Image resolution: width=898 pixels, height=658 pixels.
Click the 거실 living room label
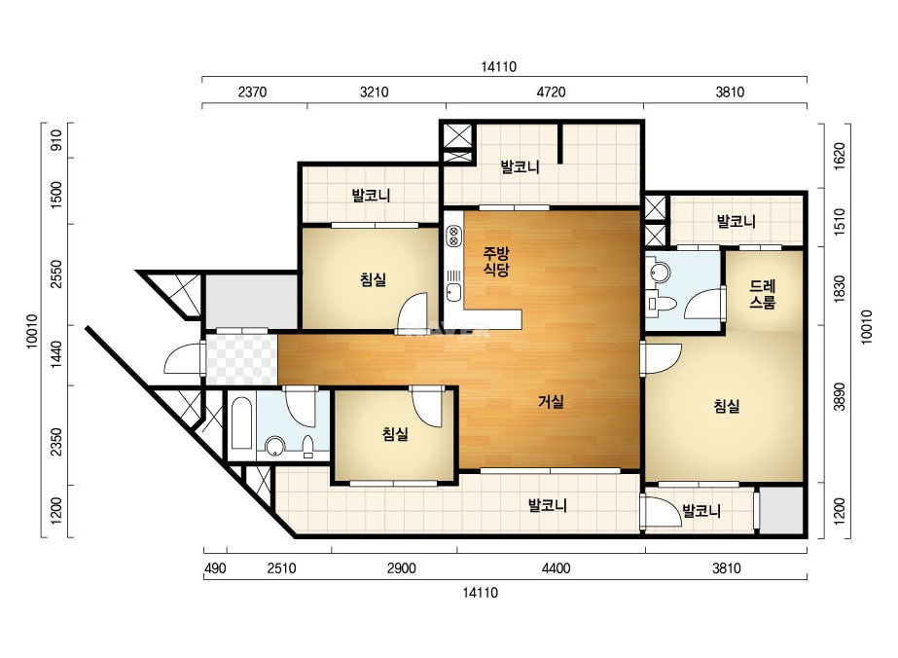click(551, 402)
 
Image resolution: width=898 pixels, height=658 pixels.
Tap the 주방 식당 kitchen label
click(496, 261)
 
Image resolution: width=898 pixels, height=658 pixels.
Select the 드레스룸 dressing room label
click(762, 294)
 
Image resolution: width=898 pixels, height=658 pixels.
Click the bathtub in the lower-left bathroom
click(241, 424)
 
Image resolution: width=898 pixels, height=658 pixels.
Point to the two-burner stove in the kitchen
click(453, 237)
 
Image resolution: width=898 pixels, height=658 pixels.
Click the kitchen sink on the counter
click(453, 292)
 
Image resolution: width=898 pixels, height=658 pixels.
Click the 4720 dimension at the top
click(551, 91)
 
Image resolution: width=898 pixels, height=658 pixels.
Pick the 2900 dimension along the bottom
click(401, 568)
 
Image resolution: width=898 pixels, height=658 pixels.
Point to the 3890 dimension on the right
click(839, 397)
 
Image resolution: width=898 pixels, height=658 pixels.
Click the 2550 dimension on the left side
click(56, 274)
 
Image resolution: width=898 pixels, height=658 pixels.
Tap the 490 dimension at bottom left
click(215, 568)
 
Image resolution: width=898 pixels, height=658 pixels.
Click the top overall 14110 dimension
click(498, 66)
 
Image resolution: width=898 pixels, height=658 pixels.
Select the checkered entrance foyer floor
click(241, 360)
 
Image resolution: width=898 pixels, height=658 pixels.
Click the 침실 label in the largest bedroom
click(726, 406)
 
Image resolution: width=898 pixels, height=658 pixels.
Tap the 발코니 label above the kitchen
click(520, 167)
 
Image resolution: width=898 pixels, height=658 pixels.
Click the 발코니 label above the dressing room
click(736, 221)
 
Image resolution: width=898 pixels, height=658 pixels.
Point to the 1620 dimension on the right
click(839, 156)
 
